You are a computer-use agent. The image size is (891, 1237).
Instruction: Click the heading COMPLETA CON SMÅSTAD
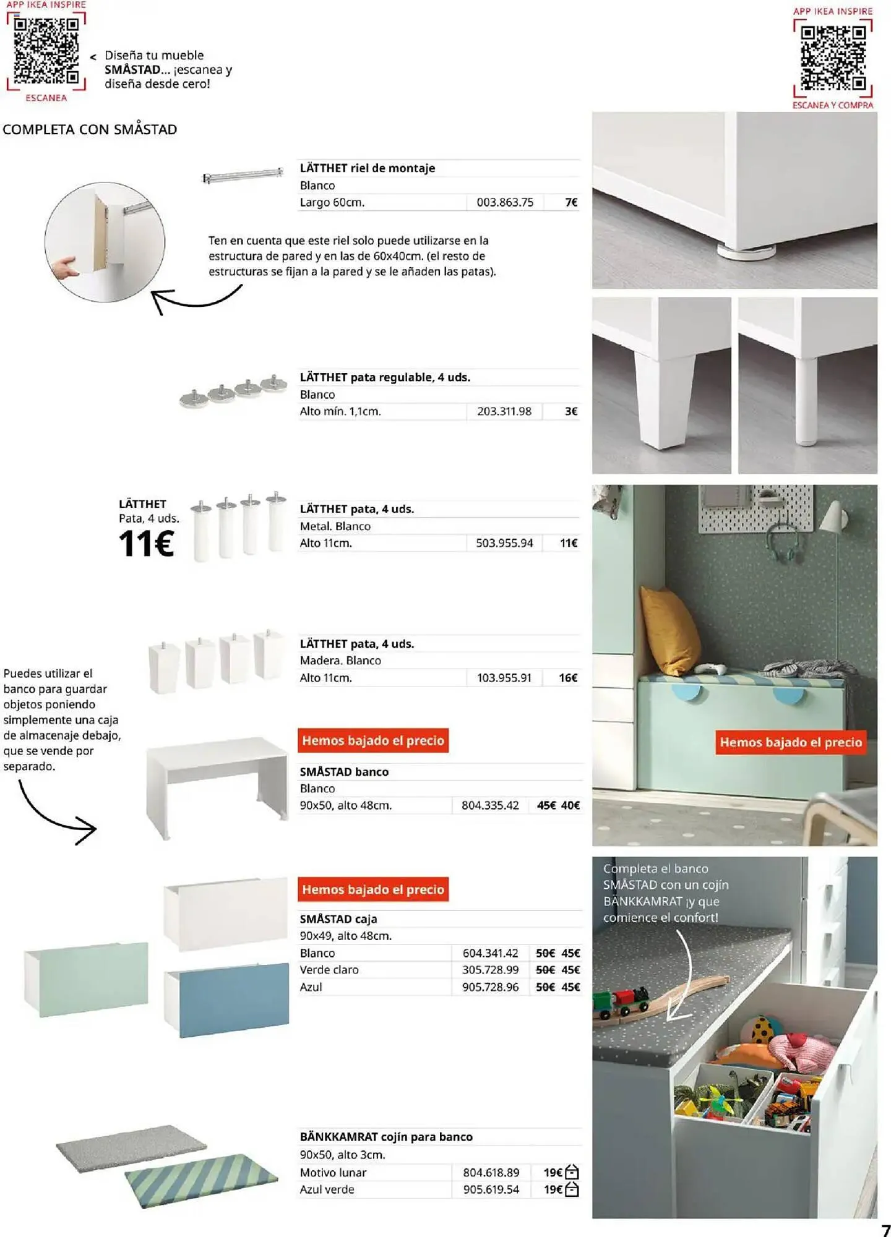90,129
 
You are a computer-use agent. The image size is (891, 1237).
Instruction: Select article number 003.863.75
504,202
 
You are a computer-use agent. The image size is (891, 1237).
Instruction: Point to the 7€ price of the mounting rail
570,202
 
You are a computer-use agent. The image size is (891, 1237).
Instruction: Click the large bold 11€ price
146,544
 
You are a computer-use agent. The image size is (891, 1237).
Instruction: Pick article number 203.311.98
504,411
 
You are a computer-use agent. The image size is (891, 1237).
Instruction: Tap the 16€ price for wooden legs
567,678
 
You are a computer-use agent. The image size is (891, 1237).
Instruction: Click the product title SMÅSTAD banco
344,772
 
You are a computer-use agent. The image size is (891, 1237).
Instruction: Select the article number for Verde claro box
490,970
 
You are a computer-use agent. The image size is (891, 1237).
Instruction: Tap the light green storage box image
87,979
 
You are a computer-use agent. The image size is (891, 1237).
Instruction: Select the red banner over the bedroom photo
790,742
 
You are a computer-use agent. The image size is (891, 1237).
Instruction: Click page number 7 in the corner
885,1230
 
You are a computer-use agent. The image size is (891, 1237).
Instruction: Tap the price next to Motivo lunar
553,1173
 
